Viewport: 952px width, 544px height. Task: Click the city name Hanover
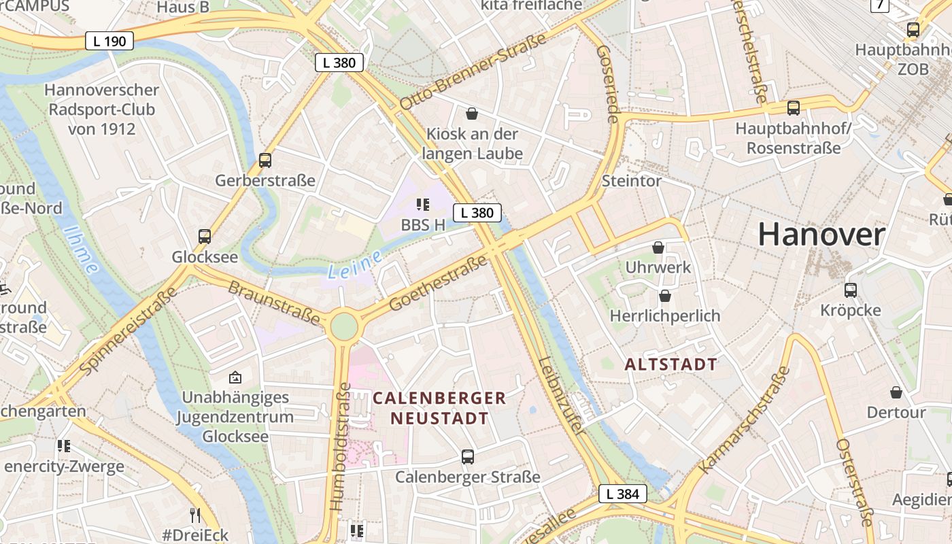[x=821, y=235]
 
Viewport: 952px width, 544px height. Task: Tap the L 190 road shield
[x=109, y=41]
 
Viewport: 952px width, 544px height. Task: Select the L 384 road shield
[x=622, y=494]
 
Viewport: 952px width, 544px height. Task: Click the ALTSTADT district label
[x=670, y=364]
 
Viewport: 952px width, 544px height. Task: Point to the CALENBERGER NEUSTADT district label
[x=439, y=408]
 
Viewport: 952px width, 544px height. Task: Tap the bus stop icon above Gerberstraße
[x=265, y=160]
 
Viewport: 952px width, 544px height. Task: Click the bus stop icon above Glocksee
[x=205, y=237]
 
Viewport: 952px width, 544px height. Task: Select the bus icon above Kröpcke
[x=850, y=290]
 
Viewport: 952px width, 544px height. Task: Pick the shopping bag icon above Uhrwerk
[x=658, y=248]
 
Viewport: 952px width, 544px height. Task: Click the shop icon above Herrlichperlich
[x=664, y=296]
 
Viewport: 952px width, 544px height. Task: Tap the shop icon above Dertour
[x=896, y=392]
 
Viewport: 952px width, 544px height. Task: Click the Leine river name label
[x=352, y=265]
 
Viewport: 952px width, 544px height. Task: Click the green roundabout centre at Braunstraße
[x=343, y=326]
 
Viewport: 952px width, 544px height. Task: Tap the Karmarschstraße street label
[x=745, y=420]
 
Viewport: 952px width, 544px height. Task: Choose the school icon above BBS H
[x=423, y=204]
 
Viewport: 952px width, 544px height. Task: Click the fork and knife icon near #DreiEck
[x=195, y=515]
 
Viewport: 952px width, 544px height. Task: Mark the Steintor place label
[x=631, y=181]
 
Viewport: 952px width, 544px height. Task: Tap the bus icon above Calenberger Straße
[x=467, y=456]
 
